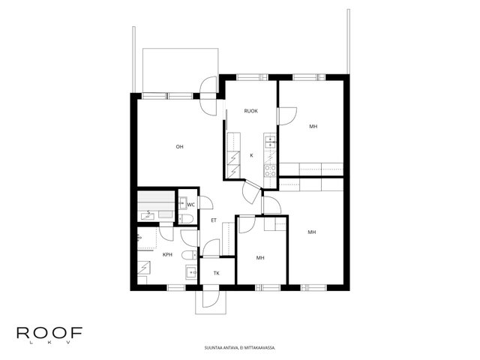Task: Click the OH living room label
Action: tap(179, 147)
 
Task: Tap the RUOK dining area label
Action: tap(250, 111)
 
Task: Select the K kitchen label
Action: tap(252, 155)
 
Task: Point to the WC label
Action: tap(191, 205)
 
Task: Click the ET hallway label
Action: tap(214, 220)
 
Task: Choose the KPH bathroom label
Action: tap(167, 255)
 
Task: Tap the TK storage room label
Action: tap(217, 273)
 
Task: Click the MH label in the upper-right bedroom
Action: tap(313, 127)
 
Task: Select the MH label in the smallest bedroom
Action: tap(260, 258)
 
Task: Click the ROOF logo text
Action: tap(49, 333)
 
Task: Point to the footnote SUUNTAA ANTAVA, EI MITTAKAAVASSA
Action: tap(240, 348)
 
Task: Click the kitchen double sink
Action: tap(270, 142)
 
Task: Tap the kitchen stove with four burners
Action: tap(270, 171)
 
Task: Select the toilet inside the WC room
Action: tap(186, 218)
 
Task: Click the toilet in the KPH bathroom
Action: tap(190, 255)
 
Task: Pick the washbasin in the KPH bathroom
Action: tap(192, 271)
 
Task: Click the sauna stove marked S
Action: tap(148, 216)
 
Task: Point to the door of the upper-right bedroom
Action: tap(287, 116)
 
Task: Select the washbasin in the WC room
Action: tap(183, 203)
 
